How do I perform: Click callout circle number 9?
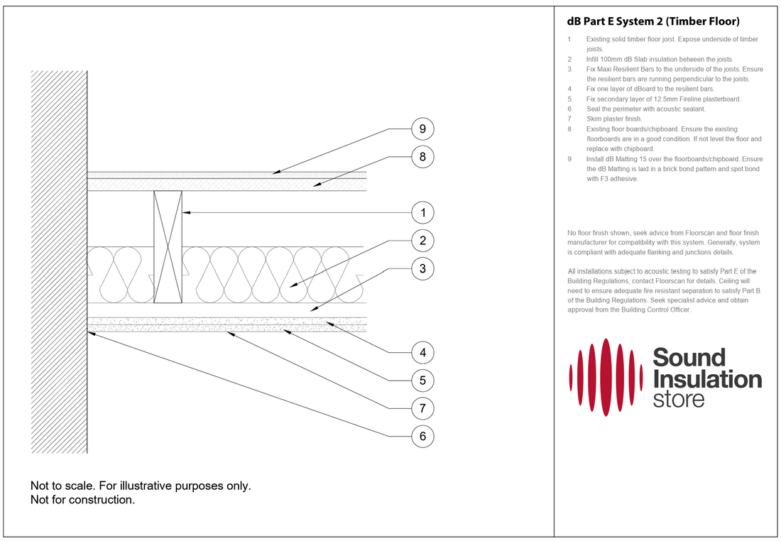click(x=422, y=129)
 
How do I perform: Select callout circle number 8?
click(x=422, y=156)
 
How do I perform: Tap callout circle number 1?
click(x=422, y=212)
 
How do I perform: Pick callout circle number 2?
click(x=422, y=241)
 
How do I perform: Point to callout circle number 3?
click(x=422, y=268)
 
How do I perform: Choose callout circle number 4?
click(x=422, y=352)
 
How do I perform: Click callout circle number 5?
click(x=422, y=380)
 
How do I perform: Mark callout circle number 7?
click(x=422, y=408)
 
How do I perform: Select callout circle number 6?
click(x=422, y=436)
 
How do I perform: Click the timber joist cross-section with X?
click(x=168, y=247)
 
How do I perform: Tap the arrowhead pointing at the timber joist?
click(x=185, y=212)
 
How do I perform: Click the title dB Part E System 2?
click(x=653, y=22)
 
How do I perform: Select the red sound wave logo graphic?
click(x=606, y=377)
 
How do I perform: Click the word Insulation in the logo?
click(x=706, y=379)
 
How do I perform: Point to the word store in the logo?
click(x=678, y=399)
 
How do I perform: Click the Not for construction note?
click(x=82, y=500)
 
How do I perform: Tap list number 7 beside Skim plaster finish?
click(x=569, y=119)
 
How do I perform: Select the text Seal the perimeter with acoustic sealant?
click(x=646, y=109)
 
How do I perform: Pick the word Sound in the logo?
click(x=689, y=357)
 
